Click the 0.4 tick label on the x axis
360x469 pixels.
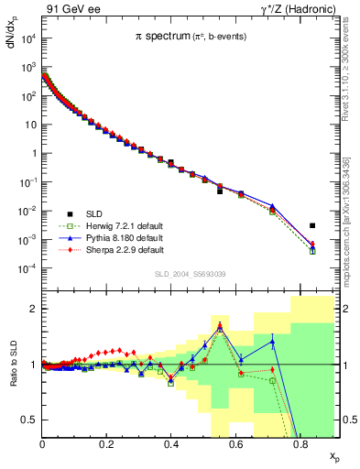[171, 444]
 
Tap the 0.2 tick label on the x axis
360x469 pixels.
[106, 444]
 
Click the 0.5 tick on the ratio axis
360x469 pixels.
[31, 420]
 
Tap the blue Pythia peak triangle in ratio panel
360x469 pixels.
[220, 327]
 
